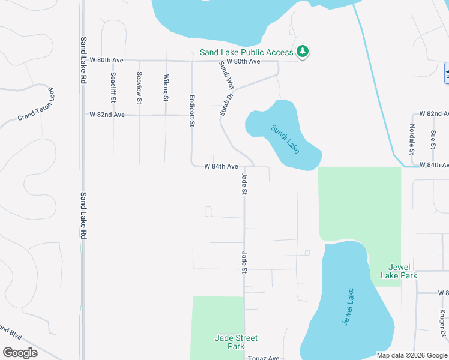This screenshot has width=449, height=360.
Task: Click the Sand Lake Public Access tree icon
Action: tap(303, 52)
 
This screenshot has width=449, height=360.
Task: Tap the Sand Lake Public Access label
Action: tap(247, 52)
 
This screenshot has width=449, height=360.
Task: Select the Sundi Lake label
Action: tap(285, 138)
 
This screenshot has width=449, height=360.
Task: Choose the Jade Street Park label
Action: tap(229, 342)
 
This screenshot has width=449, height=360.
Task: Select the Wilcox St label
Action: tap(166, 86)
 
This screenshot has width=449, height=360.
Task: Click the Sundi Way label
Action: tap(226, 74)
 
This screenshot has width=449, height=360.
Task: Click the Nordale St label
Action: tap(412, 137)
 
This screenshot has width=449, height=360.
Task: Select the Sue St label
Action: tap(433, 138)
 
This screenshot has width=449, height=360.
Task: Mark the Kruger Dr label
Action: tap(442, 322)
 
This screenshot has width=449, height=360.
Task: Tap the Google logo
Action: tap(20, 353)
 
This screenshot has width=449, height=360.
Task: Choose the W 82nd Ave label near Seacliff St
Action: tap(107, 114)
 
